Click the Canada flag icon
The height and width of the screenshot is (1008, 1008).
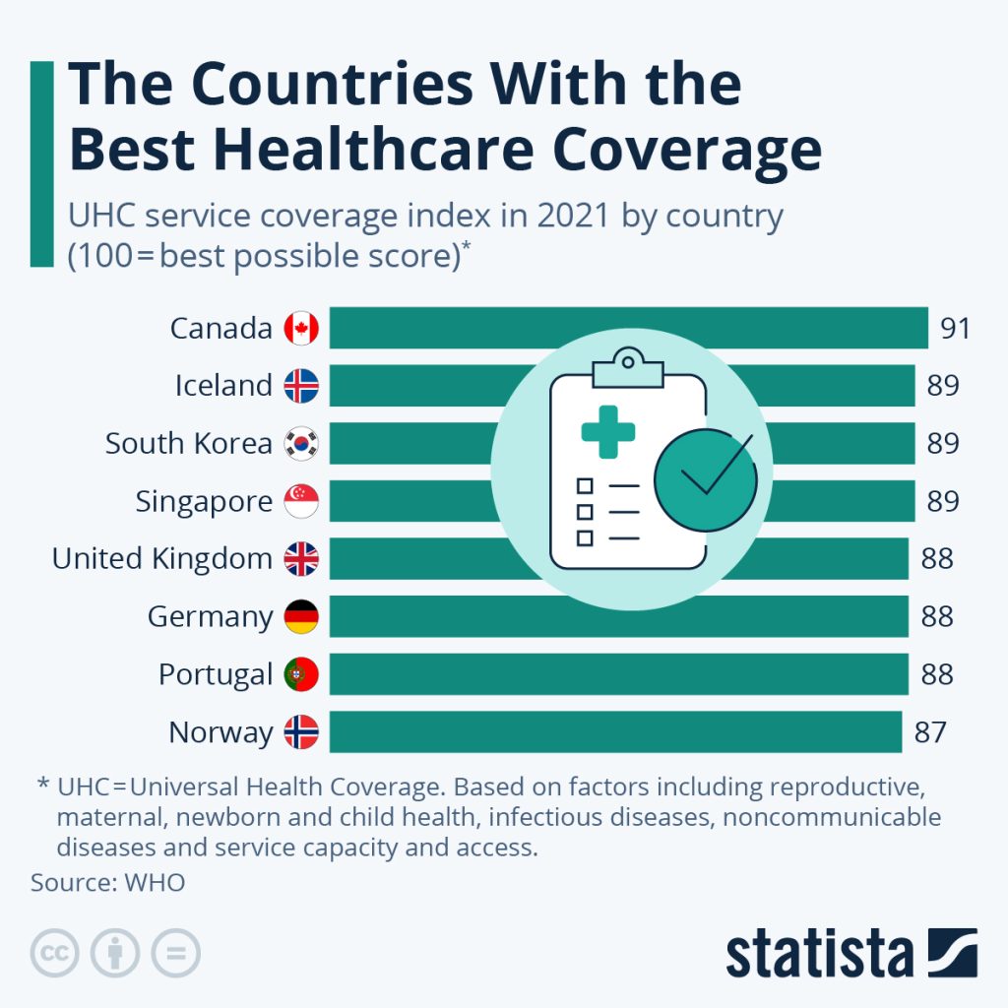click(301, 328)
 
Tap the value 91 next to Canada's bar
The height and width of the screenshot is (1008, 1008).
click(955, 328)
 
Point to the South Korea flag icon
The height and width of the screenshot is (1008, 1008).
click(301, 444)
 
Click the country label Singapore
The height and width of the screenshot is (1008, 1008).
click(204, 502)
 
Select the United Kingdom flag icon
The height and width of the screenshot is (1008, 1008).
click(301, 559)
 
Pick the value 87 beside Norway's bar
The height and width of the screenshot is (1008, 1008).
click(929, 732)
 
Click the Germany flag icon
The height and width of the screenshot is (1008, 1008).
click(301, 617)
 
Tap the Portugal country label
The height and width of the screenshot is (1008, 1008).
click(215, 675)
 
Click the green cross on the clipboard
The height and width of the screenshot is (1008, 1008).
click(608, 431)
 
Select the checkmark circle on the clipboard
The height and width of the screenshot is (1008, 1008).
click(706, 479)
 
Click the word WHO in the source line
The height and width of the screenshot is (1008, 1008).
click(155, 882)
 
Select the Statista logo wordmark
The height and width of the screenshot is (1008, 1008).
click(819, 954)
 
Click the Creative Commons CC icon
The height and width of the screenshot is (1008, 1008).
click(55, 953)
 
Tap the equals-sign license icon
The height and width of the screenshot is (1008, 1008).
click(175, 953)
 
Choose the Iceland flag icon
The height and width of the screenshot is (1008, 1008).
click(301, 386)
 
